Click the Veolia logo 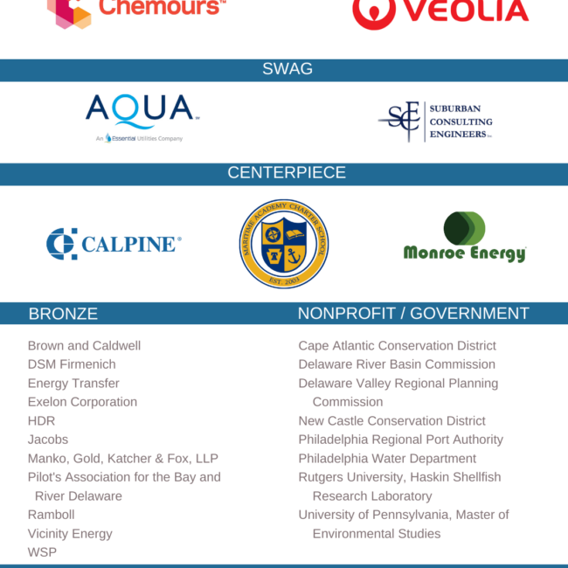tap(440, 11)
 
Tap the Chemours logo tap(131, 10)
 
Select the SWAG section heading tap(287, 69)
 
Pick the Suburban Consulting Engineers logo tap(435, 122)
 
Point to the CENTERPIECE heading tap(287, 173)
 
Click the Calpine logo tap(114, 244)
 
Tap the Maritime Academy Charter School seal tap(284, 244)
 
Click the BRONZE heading tap(63, 314)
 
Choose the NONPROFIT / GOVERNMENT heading tap(413, 314)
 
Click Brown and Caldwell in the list tap(84, 345)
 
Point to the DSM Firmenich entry tap(72, 364)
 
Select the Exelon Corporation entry tap(82, 402)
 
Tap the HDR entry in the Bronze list tap(41, 420)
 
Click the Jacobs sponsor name tap(48, 440)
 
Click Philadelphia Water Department tap(387, 459)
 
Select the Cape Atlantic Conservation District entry tap(397, 345)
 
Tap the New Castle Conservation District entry tap(391, 420)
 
